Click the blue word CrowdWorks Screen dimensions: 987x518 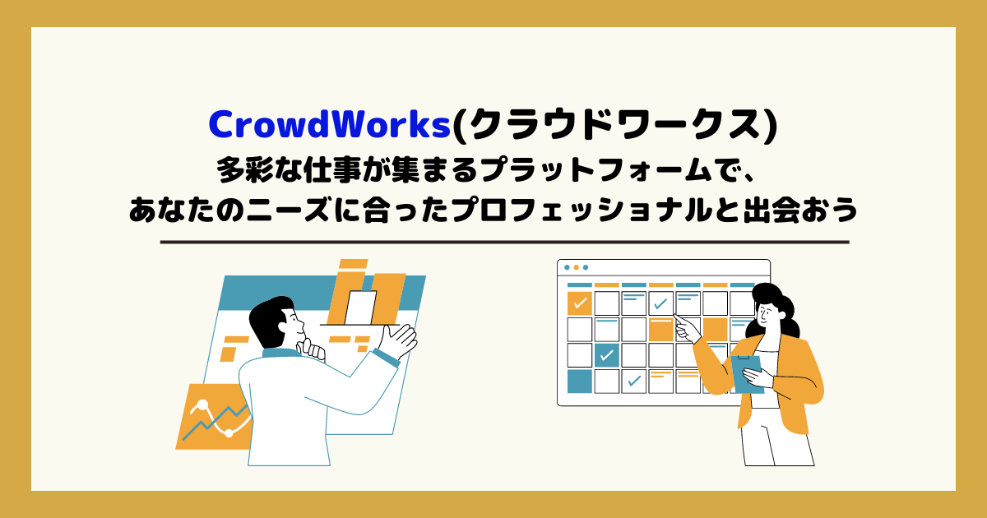(x=330, y=125)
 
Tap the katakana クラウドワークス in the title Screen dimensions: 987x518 (x=614, y=125)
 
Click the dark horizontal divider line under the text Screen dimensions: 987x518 (x=504, y=243)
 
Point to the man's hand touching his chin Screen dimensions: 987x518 (x=312, y=349)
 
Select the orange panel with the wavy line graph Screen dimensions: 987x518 (x=214, y=416)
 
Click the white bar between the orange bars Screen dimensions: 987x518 (x=360, y=308)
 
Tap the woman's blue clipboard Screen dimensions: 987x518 (x=747, y=374)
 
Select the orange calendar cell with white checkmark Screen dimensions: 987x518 (x=579, y=303)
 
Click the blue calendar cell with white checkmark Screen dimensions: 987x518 (x=607, y=355)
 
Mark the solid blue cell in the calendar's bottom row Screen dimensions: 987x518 (x=579, y=381)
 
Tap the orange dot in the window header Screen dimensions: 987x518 (x=576, y=267)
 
